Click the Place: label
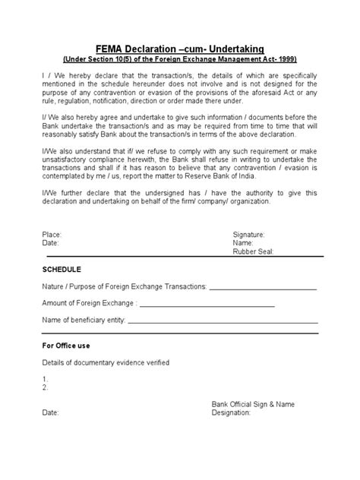52,236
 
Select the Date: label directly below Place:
51,244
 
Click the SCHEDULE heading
62,270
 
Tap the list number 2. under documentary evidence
46,387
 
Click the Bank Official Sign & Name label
253,405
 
